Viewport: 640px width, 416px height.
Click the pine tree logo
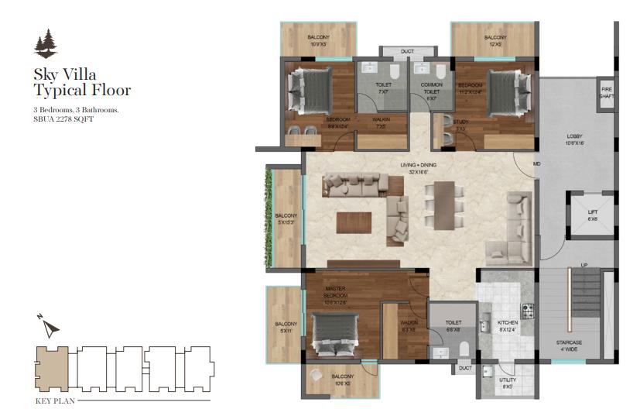(46, 43)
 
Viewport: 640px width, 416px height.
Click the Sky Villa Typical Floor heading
(81, 82)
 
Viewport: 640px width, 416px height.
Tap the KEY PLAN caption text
(55, 401)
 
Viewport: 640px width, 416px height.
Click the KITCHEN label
(508, 325)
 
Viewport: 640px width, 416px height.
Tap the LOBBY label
(574, 139)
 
